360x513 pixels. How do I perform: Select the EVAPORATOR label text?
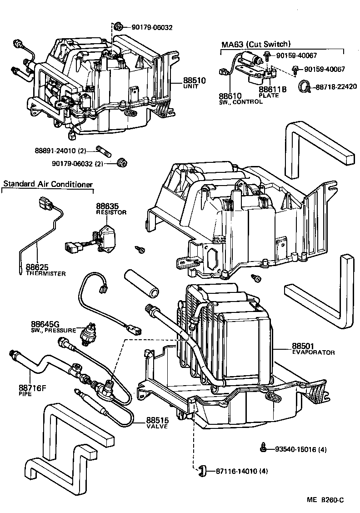click(x=313, y=352)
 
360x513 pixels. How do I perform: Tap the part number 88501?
click(x=303, y=347)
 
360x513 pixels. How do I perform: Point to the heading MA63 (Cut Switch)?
click(x=255, y=45)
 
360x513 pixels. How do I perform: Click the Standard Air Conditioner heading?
click(x=48, y=184)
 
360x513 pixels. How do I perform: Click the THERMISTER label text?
click(x=46, y=274)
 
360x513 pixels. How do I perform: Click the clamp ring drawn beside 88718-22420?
click(x=305, y=86)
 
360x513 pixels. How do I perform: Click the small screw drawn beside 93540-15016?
click(x=263, y=448)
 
